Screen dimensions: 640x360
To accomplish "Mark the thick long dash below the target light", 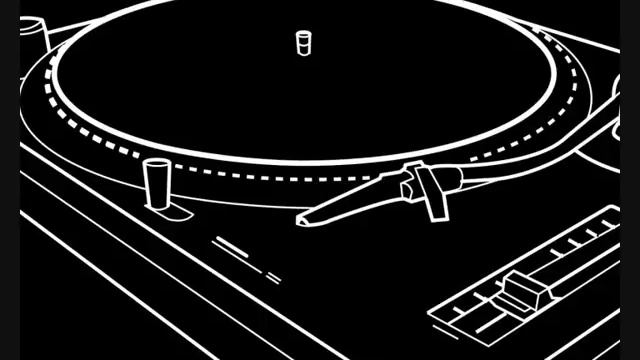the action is [x=231, y=245].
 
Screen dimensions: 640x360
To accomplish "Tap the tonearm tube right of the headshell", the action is [x=520, y=154].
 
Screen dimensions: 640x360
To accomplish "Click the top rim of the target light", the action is [x=156, y=162].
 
